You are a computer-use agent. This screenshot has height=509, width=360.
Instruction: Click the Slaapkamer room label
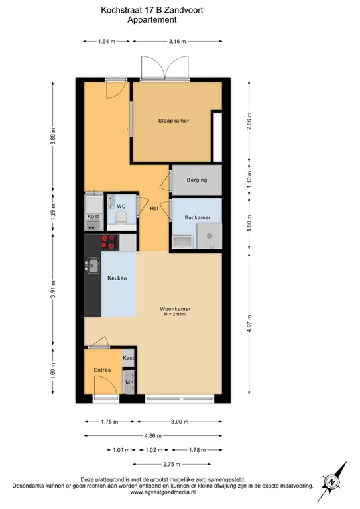174,121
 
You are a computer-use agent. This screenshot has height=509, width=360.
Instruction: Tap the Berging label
196,180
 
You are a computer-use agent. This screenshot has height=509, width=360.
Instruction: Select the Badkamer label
198,217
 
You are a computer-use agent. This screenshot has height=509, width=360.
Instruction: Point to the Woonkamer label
175,308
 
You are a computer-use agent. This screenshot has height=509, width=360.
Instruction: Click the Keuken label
117,278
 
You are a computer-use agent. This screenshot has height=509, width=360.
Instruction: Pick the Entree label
102,370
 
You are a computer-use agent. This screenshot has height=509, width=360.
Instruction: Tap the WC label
121,207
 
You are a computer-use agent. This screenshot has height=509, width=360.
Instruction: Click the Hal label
153,209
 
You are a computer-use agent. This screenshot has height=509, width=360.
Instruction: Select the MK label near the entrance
129,382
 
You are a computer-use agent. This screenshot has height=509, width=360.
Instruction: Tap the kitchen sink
91,266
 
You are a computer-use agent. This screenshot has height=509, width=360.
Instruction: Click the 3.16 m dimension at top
176,42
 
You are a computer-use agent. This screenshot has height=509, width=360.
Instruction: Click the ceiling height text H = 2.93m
176,315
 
